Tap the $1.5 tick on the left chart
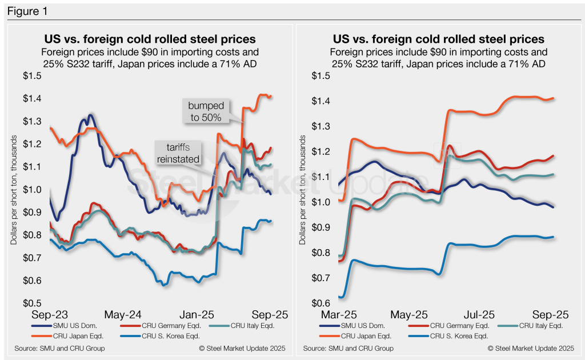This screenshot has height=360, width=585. (32, 76)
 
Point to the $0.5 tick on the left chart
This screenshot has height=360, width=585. (32, 303)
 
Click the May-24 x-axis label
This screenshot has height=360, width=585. (123, 315)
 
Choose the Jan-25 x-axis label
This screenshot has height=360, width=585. (197, 315)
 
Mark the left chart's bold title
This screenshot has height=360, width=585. (150, 39)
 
